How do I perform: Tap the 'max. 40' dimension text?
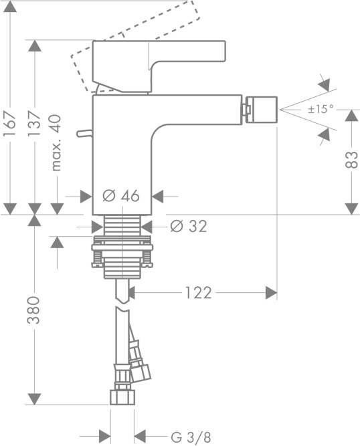click(x=56, y=142)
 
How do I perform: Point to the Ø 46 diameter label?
click(x=122, y=196)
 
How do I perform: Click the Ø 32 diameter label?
click(x=189, y=226)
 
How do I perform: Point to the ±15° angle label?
click(x=321, y=109)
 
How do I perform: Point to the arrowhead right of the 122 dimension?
click(x=270, y=293)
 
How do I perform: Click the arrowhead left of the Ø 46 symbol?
click(x=86, y=197)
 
